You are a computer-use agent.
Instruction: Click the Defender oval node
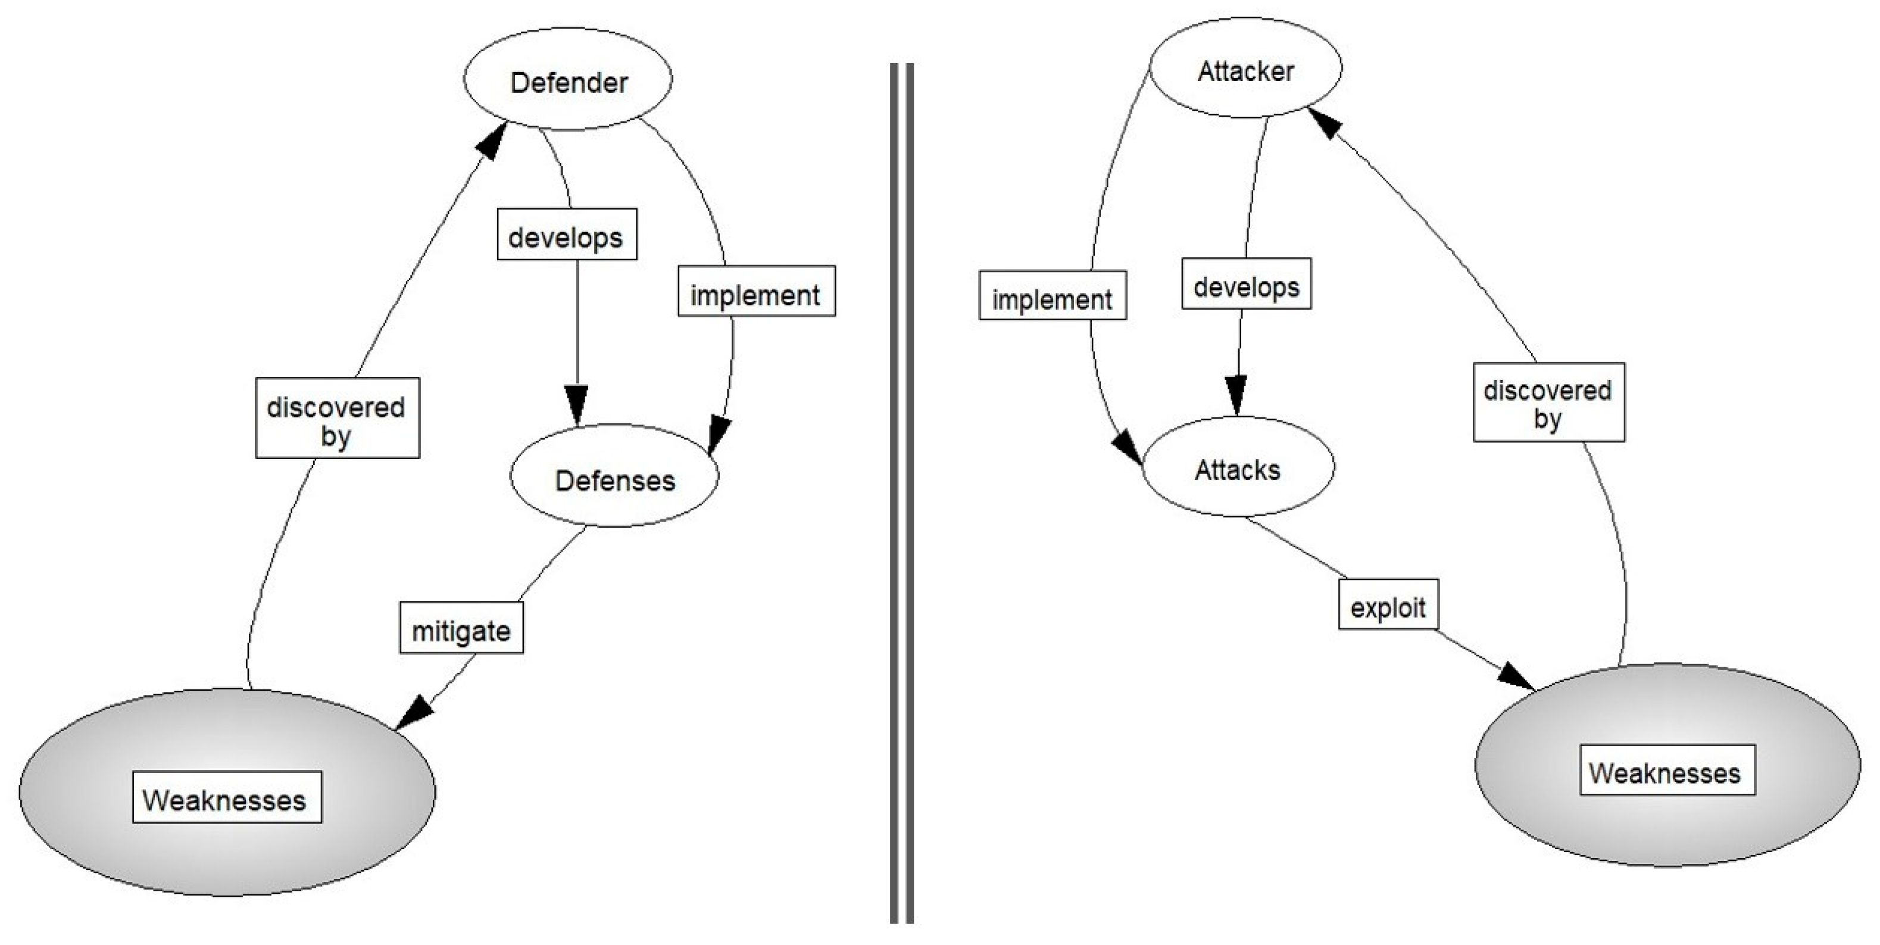click(569, 80)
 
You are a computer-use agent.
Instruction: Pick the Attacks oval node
click(1237, 468)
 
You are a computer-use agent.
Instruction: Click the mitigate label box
click(461, 628)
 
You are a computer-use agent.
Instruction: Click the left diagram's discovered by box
click(337, 418)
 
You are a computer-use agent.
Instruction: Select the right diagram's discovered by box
click(1548, 402)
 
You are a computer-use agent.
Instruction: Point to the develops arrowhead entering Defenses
click(577, 404)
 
